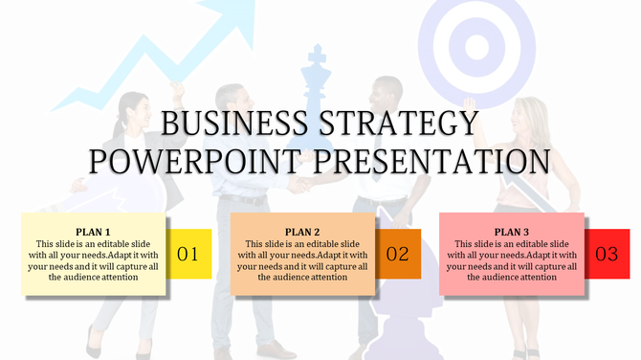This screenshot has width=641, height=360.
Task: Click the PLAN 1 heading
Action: [94, 232]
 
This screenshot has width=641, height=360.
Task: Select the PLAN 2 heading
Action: [302, 232]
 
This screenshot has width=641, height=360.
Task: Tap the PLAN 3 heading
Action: [511, 232]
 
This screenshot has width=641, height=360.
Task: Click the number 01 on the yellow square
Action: [188, 255]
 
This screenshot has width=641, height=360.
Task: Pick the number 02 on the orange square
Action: [397, 255]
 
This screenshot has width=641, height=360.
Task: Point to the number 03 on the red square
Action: [607, 255]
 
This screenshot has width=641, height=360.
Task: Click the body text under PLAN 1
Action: [94, 260]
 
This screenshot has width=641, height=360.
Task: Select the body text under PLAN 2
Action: [302, 260]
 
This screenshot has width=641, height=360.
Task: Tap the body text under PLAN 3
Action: [511, 260]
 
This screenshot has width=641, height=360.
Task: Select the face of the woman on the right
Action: [523, 114]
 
